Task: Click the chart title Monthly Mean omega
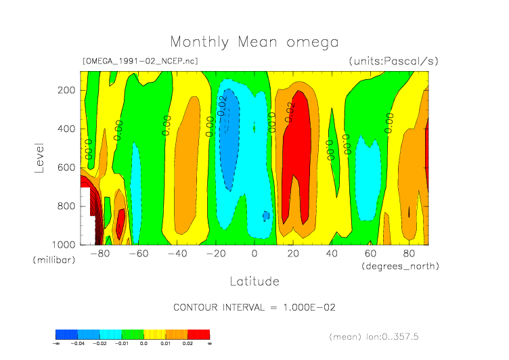click(254, 42)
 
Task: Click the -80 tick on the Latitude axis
click(100, 254)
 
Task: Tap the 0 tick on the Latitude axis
click(255, 254)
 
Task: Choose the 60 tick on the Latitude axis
click(370, 254)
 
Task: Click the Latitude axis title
click(254, 281)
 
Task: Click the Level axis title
click(39, 156)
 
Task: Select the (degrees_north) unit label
click(401, 266)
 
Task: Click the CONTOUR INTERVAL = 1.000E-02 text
click(255, 307)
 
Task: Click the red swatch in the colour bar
click(198, 334)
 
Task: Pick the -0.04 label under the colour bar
click(77, 344)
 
